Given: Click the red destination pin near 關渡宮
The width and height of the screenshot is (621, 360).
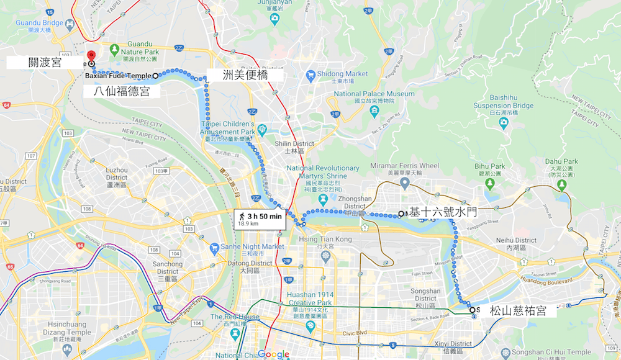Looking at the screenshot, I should tap(91, 56).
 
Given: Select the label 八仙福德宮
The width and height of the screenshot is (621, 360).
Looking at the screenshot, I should tap(122, 92).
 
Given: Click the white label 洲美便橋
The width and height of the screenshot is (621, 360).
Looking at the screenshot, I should tap(253, 76).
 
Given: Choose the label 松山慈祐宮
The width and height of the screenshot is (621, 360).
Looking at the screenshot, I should tap(518, 311).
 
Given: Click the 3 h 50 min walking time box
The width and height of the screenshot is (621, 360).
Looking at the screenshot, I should tap(259, 219).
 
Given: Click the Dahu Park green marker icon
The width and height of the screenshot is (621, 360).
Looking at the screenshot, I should tap(563, 183).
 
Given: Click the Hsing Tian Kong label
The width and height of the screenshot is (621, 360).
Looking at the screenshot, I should tap(325, 240).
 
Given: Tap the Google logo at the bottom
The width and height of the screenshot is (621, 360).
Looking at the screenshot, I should tap(274, 354).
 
